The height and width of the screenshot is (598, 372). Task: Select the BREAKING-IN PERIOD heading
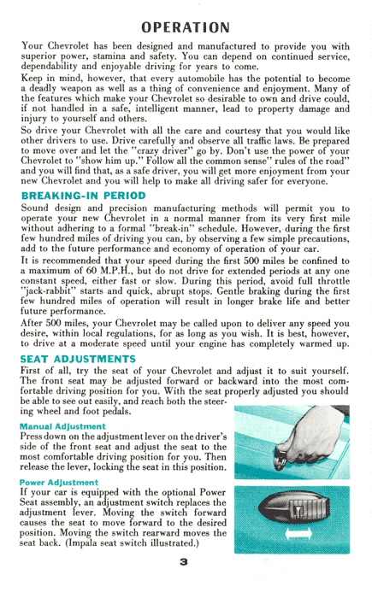click(83, 196)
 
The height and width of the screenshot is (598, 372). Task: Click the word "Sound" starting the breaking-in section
click(36, 208)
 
